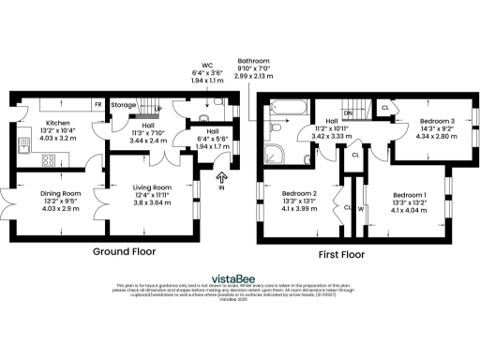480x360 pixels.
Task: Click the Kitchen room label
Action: [x=57, y=122]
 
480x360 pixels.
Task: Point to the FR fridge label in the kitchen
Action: [x=97, y=104]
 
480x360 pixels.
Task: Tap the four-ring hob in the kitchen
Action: [x=47, y=159]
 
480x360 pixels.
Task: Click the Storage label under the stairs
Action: [x=124, y=105]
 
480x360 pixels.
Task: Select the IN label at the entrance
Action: [x=222, y=187]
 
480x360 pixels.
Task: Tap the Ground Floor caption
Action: [x=123, y=252]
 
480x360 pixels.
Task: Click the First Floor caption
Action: [x=339, y=254]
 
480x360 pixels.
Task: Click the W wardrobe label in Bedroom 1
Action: [x=360, y=209]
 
